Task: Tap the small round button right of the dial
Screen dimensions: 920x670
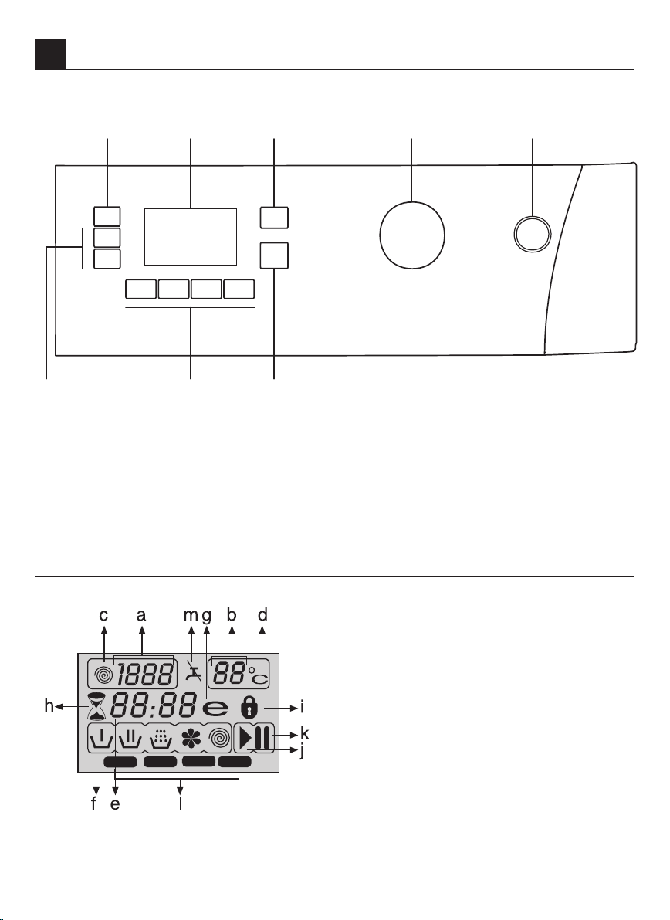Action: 533,233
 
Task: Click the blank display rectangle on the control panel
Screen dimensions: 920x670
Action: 190,236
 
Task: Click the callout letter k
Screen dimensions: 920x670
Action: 305,732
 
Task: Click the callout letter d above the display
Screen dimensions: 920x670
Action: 263,615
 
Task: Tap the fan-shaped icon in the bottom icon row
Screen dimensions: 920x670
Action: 188,739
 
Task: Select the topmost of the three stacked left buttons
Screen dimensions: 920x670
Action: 107,216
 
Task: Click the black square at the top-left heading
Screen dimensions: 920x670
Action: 50,53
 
